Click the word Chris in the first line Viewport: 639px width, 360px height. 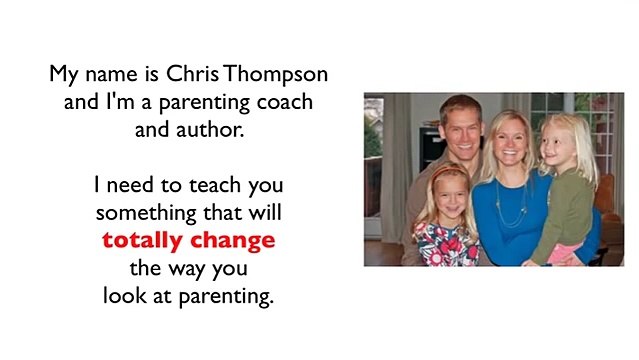tap(192, 74)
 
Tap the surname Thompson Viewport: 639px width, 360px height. tap(275, 75)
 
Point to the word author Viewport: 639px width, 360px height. tap(210, 130)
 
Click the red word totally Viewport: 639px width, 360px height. tap(142, 241)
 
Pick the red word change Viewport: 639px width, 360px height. tap(233, 241)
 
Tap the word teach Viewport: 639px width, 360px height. tap(215, 185)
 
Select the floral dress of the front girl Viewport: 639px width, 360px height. tap(446, 245)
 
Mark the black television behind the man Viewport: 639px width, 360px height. tap(430, 149)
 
